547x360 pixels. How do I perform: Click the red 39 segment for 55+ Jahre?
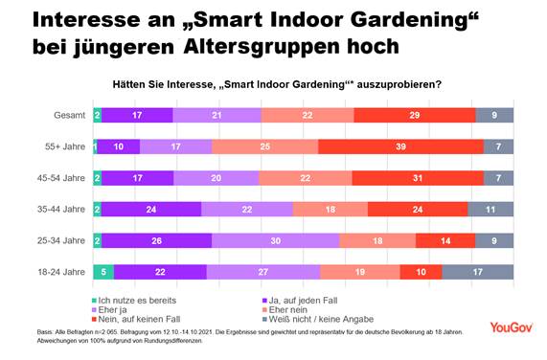pyautogui.click(x=400, y=146)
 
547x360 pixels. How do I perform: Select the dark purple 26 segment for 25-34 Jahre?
pyautogui.click(x=156, y=240)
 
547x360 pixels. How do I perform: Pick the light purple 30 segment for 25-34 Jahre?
pyautogui.click(x=275, y=240)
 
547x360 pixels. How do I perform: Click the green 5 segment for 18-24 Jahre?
pyautogui.click(x=103, y=272)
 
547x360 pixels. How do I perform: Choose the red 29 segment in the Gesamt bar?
pyautogui.click(x=414, y=115)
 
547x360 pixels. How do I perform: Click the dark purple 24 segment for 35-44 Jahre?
pyautogui.click(x=151, y=209)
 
